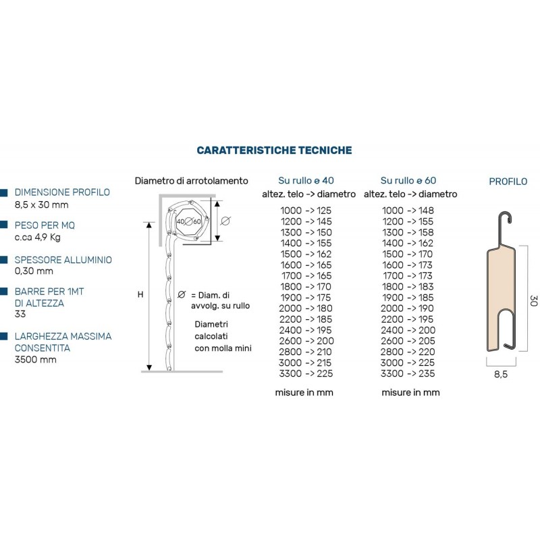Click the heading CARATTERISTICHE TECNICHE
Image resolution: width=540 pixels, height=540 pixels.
coord(274,150)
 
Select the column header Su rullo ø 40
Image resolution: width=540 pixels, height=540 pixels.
coord(306,180)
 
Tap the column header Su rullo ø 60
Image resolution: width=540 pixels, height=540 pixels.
coord(408,180)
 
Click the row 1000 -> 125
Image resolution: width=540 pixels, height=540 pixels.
coord(306,211)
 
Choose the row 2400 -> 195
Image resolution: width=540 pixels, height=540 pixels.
coord(306,330)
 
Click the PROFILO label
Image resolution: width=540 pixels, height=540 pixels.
coord(508,181)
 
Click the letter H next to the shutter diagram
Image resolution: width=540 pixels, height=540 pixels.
coord(140,294)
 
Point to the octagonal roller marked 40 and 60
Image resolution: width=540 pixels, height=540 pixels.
coord(188,221)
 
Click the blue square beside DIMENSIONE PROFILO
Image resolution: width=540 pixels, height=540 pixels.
coord(5,192)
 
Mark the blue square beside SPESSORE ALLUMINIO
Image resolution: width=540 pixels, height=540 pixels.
coord(5,259)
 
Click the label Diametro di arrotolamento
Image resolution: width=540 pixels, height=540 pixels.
coord(192,181)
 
